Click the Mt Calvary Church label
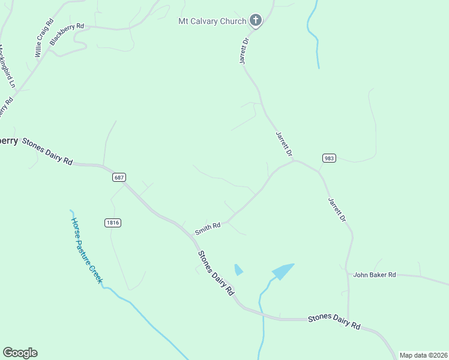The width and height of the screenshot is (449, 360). tap(212, 22)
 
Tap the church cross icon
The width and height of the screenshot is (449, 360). tap(256, 21)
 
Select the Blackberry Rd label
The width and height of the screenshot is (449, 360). tap(67, 35)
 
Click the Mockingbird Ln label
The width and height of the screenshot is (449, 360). tap(6, 66)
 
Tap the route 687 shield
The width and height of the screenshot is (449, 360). tap(118, 178)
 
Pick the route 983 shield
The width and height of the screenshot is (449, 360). tap(328, 158)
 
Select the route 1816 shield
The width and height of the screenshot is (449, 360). tap(113, 223)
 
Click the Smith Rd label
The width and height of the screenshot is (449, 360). tap(208, 229)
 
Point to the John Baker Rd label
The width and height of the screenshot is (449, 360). tap(375, 275)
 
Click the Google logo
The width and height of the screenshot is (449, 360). tap(20, 353)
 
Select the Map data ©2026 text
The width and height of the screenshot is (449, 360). tap(423, 355)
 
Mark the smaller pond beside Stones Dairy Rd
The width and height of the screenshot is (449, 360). tap(238, 270)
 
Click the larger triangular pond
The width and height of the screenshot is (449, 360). tap(283, 271)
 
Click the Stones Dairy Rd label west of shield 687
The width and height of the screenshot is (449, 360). tap(47, 152)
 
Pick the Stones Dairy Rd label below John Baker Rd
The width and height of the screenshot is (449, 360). tap(334, 322)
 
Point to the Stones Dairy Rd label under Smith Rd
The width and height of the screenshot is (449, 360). tap(215, 273)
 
